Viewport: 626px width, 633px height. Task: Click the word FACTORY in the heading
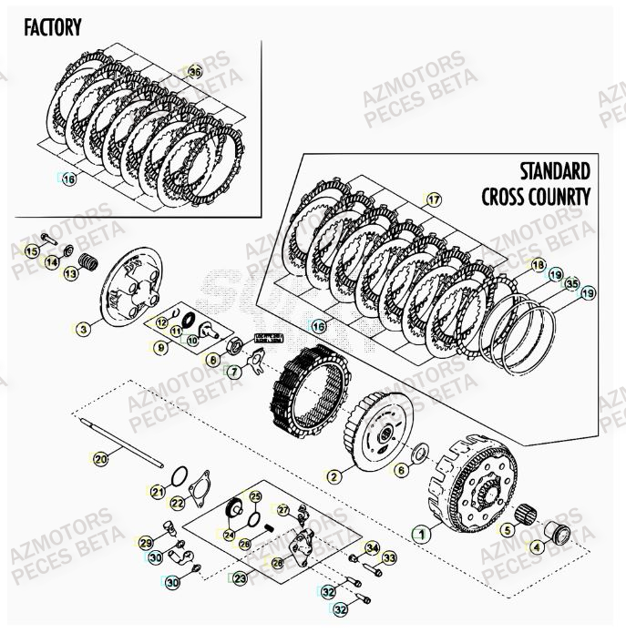53,26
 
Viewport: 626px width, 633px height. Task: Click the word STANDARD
555,171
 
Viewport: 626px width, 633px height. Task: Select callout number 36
194,71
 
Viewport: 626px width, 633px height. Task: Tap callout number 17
433,199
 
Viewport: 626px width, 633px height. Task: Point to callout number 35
571,283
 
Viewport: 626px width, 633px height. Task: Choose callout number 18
539,265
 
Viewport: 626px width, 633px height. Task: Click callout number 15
32,250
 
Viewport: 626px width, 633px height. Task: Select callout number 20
100,459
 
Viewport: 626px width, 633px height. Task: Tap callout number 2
334,475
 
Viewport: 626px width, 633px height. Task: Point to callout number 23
240,578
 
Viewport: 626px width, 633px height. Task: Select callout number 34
372,547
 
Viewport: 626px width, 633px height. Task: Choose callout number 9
160,347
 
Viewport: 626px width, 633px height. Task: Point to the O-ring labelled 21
180,475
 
